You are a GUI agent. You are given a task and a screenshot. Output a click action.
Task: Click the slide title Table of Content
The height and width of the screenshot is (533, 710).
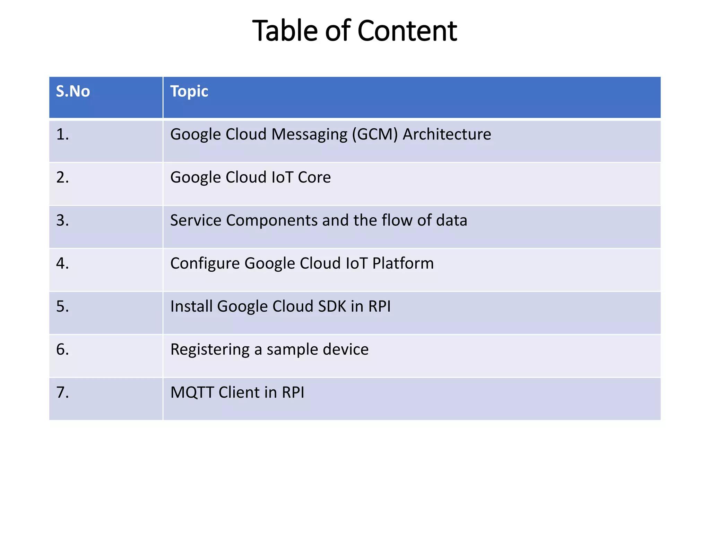354,31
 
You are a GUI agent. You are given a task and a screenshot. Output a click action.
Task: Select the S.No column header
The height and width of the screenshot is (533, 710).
73,91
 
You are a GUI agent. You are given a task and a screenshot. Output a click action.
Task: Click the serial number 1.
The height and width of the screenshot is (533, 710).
62,134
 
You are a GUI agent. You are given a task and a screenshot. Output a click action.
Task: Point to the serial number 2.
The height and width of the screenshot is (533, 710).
62,177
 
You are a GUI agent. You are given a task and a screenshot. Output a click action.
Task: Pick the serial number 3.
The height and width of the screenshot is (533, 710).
62,220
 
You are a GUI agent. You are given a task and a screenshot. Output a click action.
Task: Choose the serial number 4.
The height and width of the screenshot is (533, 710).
62,263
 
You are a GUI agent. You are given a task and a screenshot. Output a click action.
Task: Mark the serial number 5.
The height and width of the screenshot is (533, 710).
62,306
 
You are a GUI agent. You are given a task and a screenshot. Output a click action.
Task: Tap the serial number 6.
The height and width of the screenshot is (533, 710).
62,349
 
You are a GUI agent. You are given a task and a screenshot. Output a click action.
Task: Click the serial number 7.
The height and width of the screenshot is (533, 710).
62,392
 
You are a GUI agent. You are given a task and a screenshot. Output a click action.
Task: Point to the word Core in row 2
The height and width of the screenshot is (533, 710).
314,177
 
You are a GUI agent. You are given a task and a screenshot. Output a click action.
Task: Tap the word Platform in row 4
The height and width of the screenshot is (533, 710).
403,263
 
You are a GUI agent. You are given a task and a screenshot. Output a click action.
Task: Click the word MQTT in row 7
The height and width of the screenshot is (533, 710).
192,393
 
